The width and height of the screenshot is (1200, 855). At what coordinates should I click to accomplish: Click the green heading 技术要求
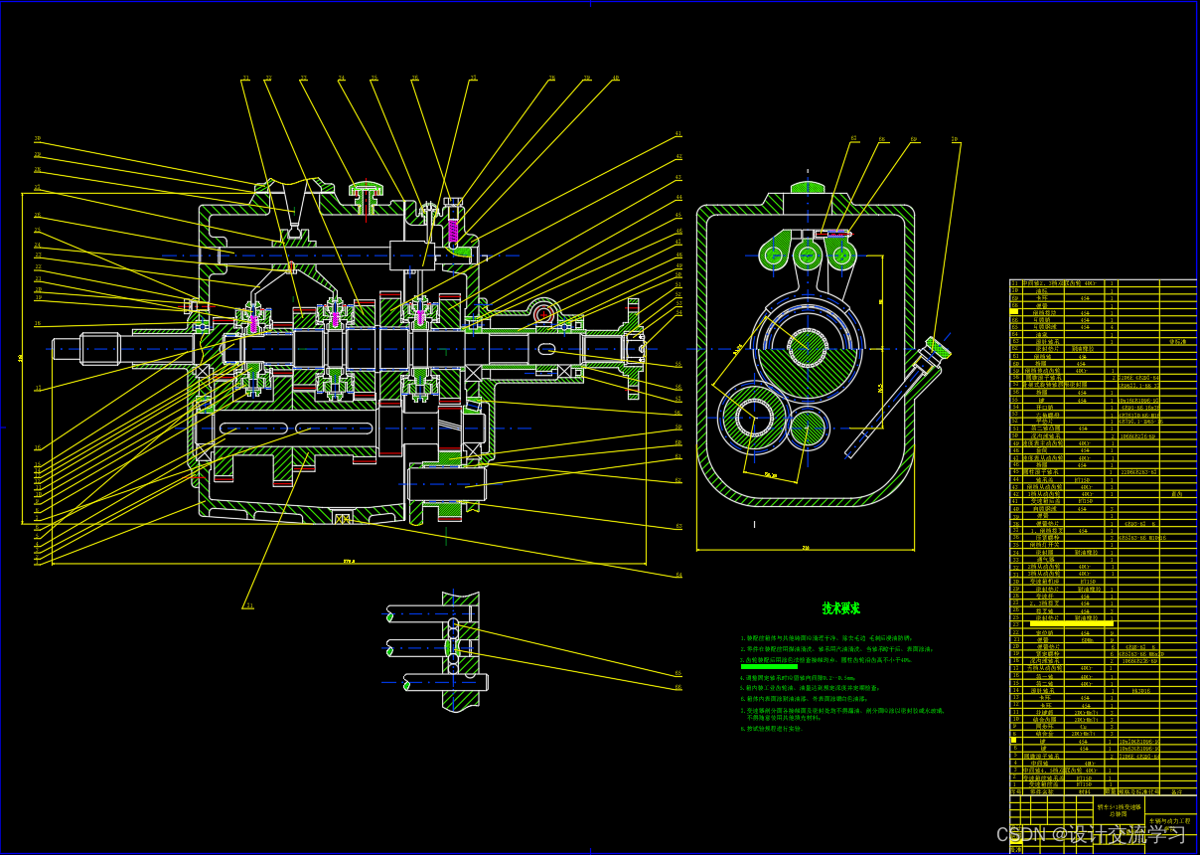840,608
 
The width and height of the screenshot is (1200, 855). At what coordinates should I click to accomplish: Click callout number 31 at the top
245,79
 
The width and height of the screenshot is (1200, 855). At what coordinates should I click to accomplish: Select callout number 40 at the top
615,79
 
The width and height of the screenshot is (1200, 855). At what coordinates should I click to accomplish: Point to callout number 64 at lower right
679,575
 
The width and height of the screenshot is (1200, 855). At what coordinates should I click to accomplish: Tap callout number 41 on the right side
678,134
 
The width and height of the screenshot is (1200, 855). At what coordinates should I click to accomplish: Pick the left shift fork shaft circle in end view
774,256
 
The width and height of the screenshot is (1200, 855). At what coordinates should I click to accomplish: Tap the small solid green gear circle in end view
810,427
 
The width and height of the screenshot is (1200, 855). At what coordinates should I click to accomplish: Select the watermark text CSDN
1022,833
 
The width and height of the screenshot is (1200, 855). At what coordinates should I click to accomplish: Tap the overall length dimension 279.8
349,562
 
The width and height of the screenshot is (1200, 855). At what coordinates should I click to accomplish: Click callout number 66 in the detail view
678,688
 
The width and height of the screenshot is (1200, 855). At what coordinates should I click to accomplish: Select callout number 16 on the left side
38,324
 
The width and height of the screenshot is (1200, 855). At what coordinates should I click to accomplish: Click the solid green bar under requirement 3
769,666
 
